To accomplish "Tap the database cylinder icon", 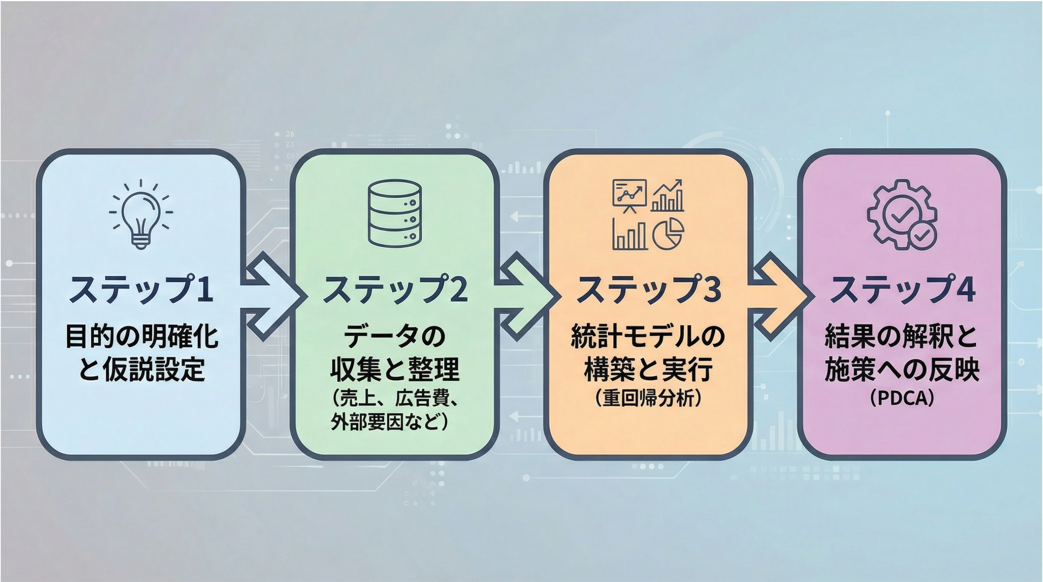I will coord(395,213).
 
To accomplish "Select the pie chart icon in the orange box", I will coord(668,235).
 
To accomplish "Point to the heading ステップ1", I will coord(141,289).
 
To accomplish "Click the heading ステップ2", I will coord(395,289).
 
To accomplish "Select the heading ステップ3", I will coord(648,289).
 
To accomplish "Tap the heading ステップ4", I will coord(902,289).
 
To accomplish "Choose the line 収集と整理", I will coord(395,369).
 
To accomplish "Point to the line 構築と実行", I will coord(648,369).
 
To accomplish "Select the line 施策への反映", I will coord(902,369).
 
